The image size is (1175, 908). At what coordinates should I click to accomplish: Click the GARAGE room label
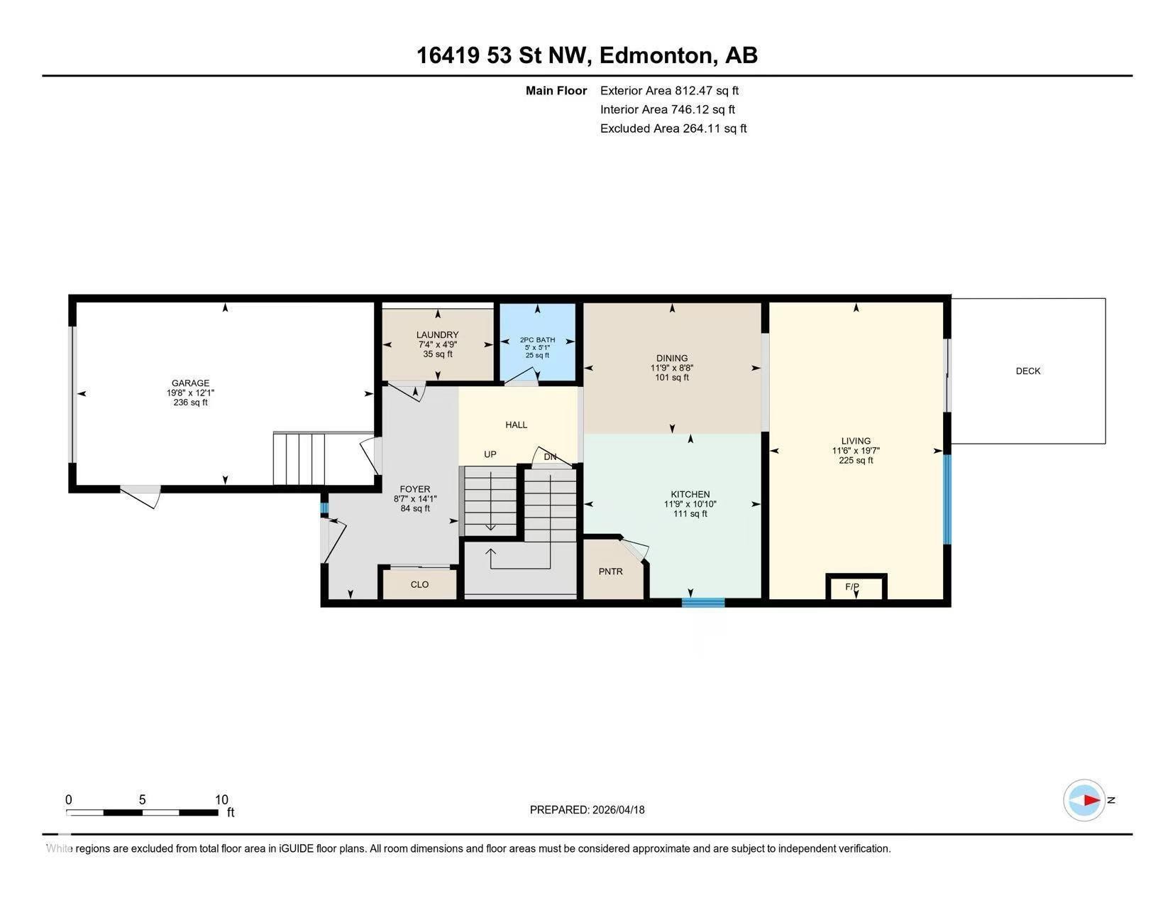pos(190,383)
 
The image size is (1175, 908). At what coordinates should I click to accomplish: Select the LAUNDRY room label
pos(437,335)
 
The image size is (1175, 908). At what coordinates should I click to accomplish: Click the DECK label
pos(1027,371)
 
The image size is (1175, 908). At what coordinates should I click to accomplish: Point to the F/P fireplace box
pos(856,587)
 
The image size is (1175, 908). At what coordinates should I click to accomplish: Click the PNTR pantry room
pos(611,571)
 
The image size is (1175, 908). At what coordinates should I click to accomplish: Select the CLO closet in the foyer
pos(419,584)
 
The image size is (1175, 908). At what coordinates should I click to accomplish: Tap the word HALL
pos(516,425)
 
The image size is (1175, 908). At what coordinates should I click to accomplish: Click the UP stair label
pos(490,454)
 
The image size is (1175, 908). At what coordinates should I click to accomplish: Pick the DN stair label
pos(550,456)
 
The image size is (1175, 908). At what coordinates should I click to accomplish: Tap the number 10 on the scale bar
pos(221,799)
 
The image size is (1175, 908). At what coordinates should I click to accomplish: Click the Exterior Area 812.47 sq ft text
pos(669,91)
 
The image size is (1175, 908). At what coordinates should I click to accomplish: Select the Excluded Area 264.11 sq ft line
pos(673,128)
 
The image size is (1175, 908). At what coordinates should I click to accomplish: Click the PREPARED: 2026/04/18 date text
pos(587,809)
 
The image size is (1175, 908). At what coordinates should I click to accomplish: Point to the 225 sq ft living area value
pos(856,460)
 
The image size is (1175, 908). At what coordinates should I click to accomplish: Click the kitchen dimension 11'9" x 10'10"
pos(690,504)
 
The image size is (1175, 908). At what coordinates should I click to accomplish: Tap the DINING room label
pos(671,359)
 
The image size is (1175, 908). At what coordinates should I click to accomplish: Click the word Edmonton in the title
pos(655,55)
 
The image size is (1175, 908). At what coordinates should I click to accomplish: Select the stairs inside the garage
pos(299,458)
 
